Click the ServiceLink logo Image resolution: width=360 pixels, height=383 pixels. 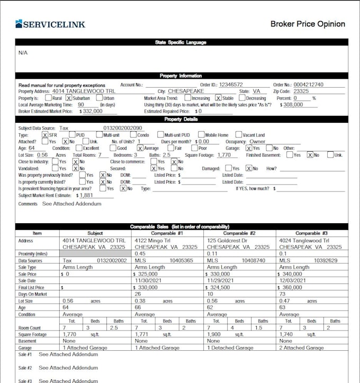tap(50, 24)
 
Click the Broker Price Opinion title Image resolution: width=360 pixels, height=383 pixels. tap(308, 24)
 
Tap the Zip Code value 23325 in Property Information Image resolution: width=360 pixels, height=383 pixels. tap(301, 91)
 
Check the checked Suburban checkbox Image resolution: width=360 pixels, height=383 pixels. tap(69, 98)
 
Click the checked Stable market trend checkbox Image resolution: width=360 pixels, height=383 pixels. tap(218, 98)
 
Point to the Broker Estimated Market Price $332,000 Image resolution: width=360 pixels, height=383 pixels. tap(92, 112)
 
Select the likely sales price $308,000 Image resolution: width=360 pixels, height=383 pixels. tap(293, 105)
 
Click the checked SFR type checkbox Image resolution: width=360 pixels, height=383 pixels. tap(45, 135)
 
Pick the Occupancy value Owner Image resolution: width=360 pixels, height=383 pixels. tap(257, 142)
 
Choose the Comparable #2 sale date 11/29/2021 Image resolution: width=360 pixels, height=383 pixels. tap(221, 281)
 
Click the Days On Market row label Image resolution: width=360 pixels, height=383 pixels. tap(33, 294)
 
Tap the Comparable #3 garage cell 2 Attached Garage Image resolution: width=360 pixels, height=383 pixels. tap(301, 348)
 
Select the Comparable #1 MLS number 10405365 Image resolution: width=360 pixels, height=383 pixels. tap(181, 261)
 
